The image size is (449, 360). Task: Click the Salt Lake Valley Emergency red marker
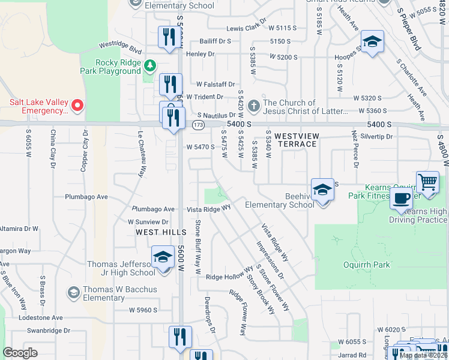77,106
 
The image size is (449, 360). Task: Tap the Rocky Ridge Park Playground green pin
149,65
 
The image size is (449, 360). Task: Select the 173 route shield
197,125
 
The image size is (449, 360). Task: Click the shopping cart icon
427,181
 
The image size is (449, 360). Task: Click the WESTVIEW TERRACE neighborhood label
291,140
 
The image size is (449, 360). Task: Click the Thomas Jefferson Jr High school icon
162,258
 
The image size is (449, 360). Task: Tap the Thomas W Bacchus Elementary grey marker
74,293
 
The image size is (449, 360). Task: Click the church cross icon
254,106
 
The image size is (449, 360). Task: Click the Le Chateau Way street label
142,154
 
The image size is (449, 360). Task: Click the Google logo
20,353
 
